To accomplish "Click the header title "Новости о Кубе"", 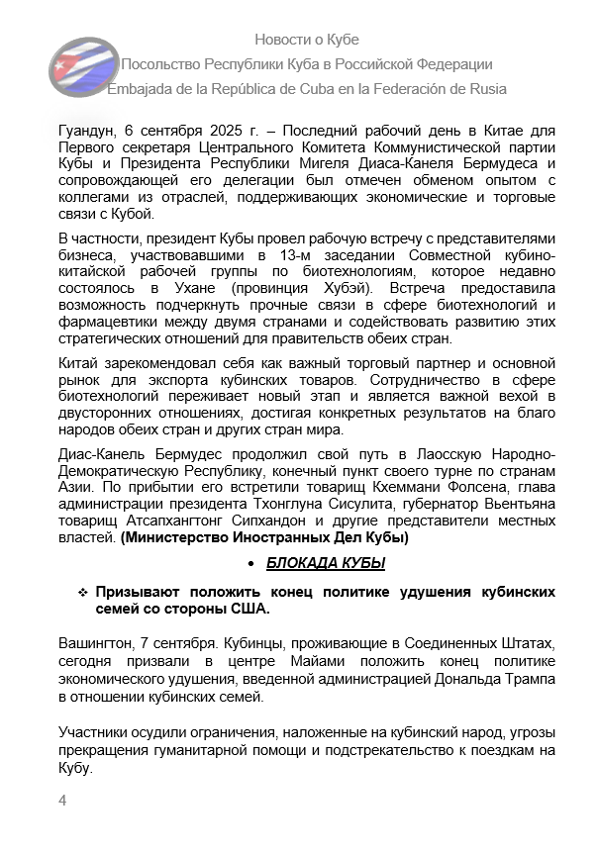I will click(307, 40).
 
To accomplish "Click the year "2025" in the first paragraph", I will click(213, 131).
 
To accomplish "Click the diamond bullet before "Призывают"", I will click(84, 592).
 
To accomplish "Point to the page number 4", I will click(62, 801).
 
